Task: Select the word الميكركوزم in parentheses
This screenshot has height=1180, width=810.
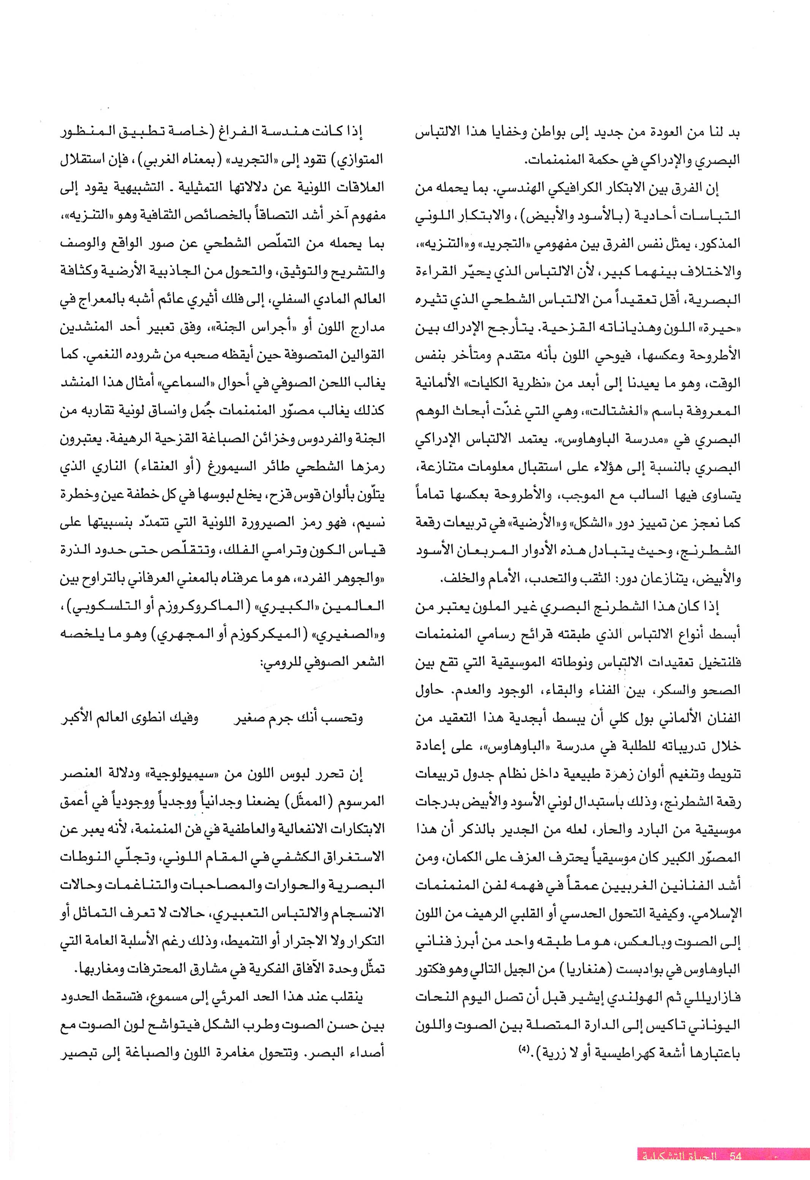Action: (248, 640)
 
